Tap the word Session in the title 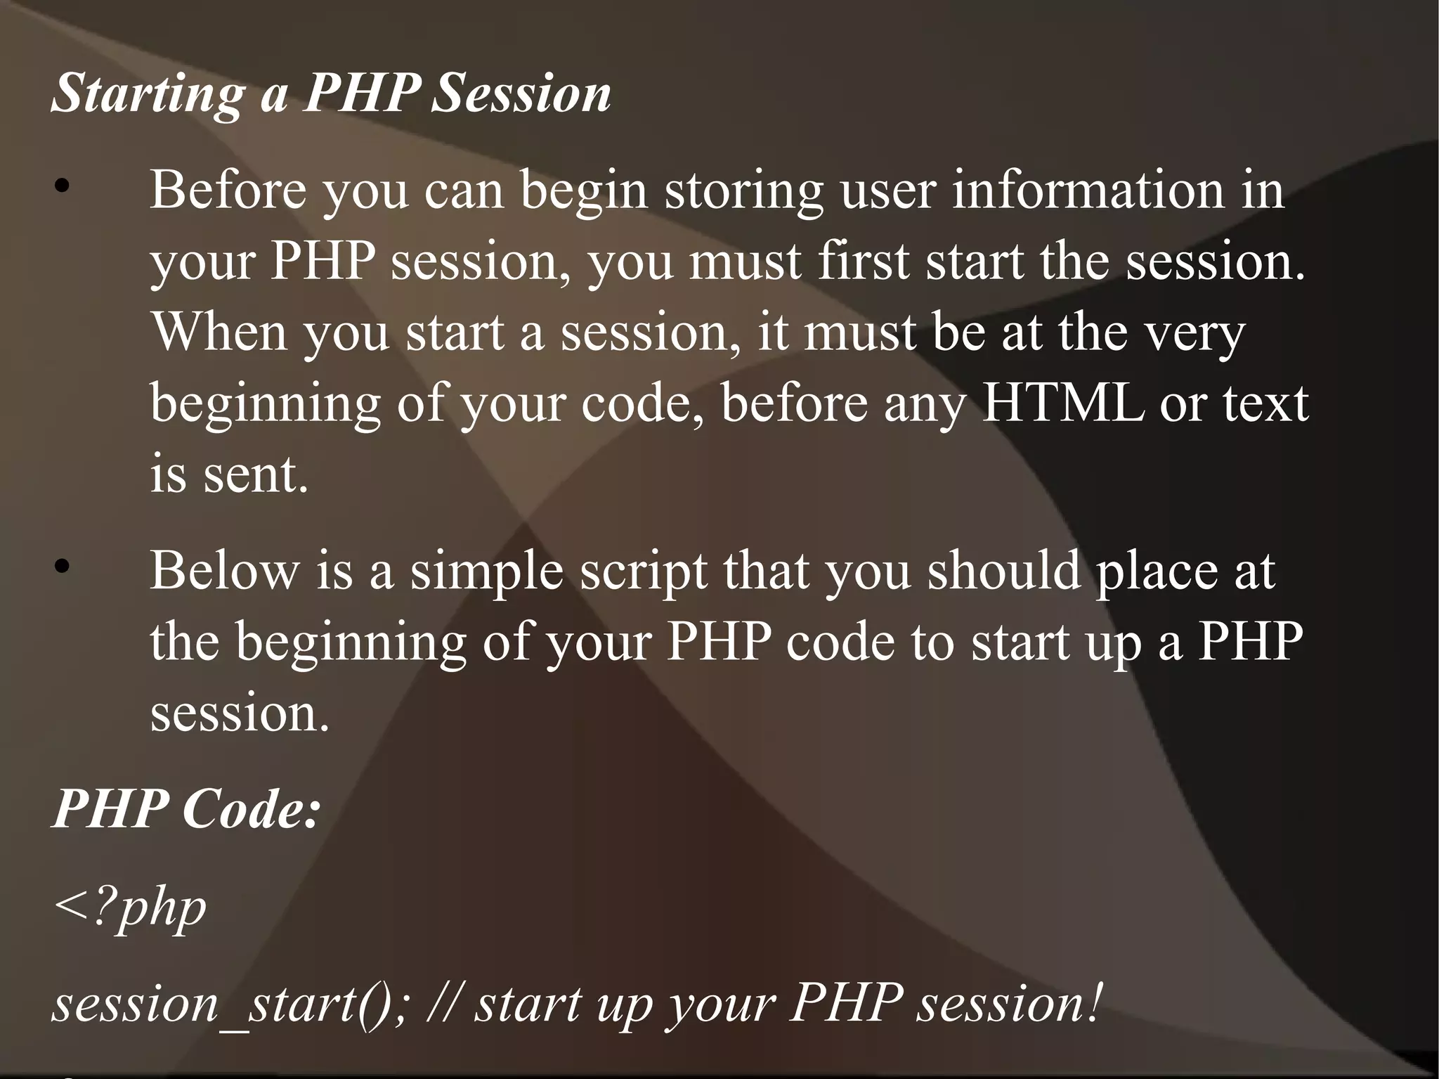click(520, 93)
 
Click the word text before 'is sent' click(1265, 404)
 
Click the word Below click(225, 570)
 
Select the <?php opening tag click(130, 908)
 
